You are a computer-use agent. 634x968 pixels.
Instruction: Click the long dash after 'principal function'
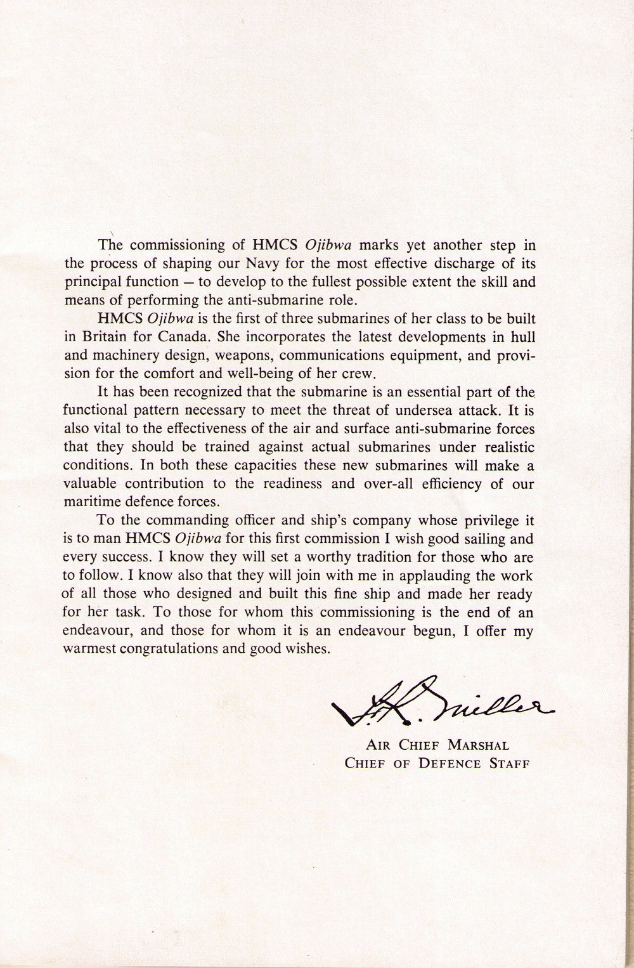point(186,282)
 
